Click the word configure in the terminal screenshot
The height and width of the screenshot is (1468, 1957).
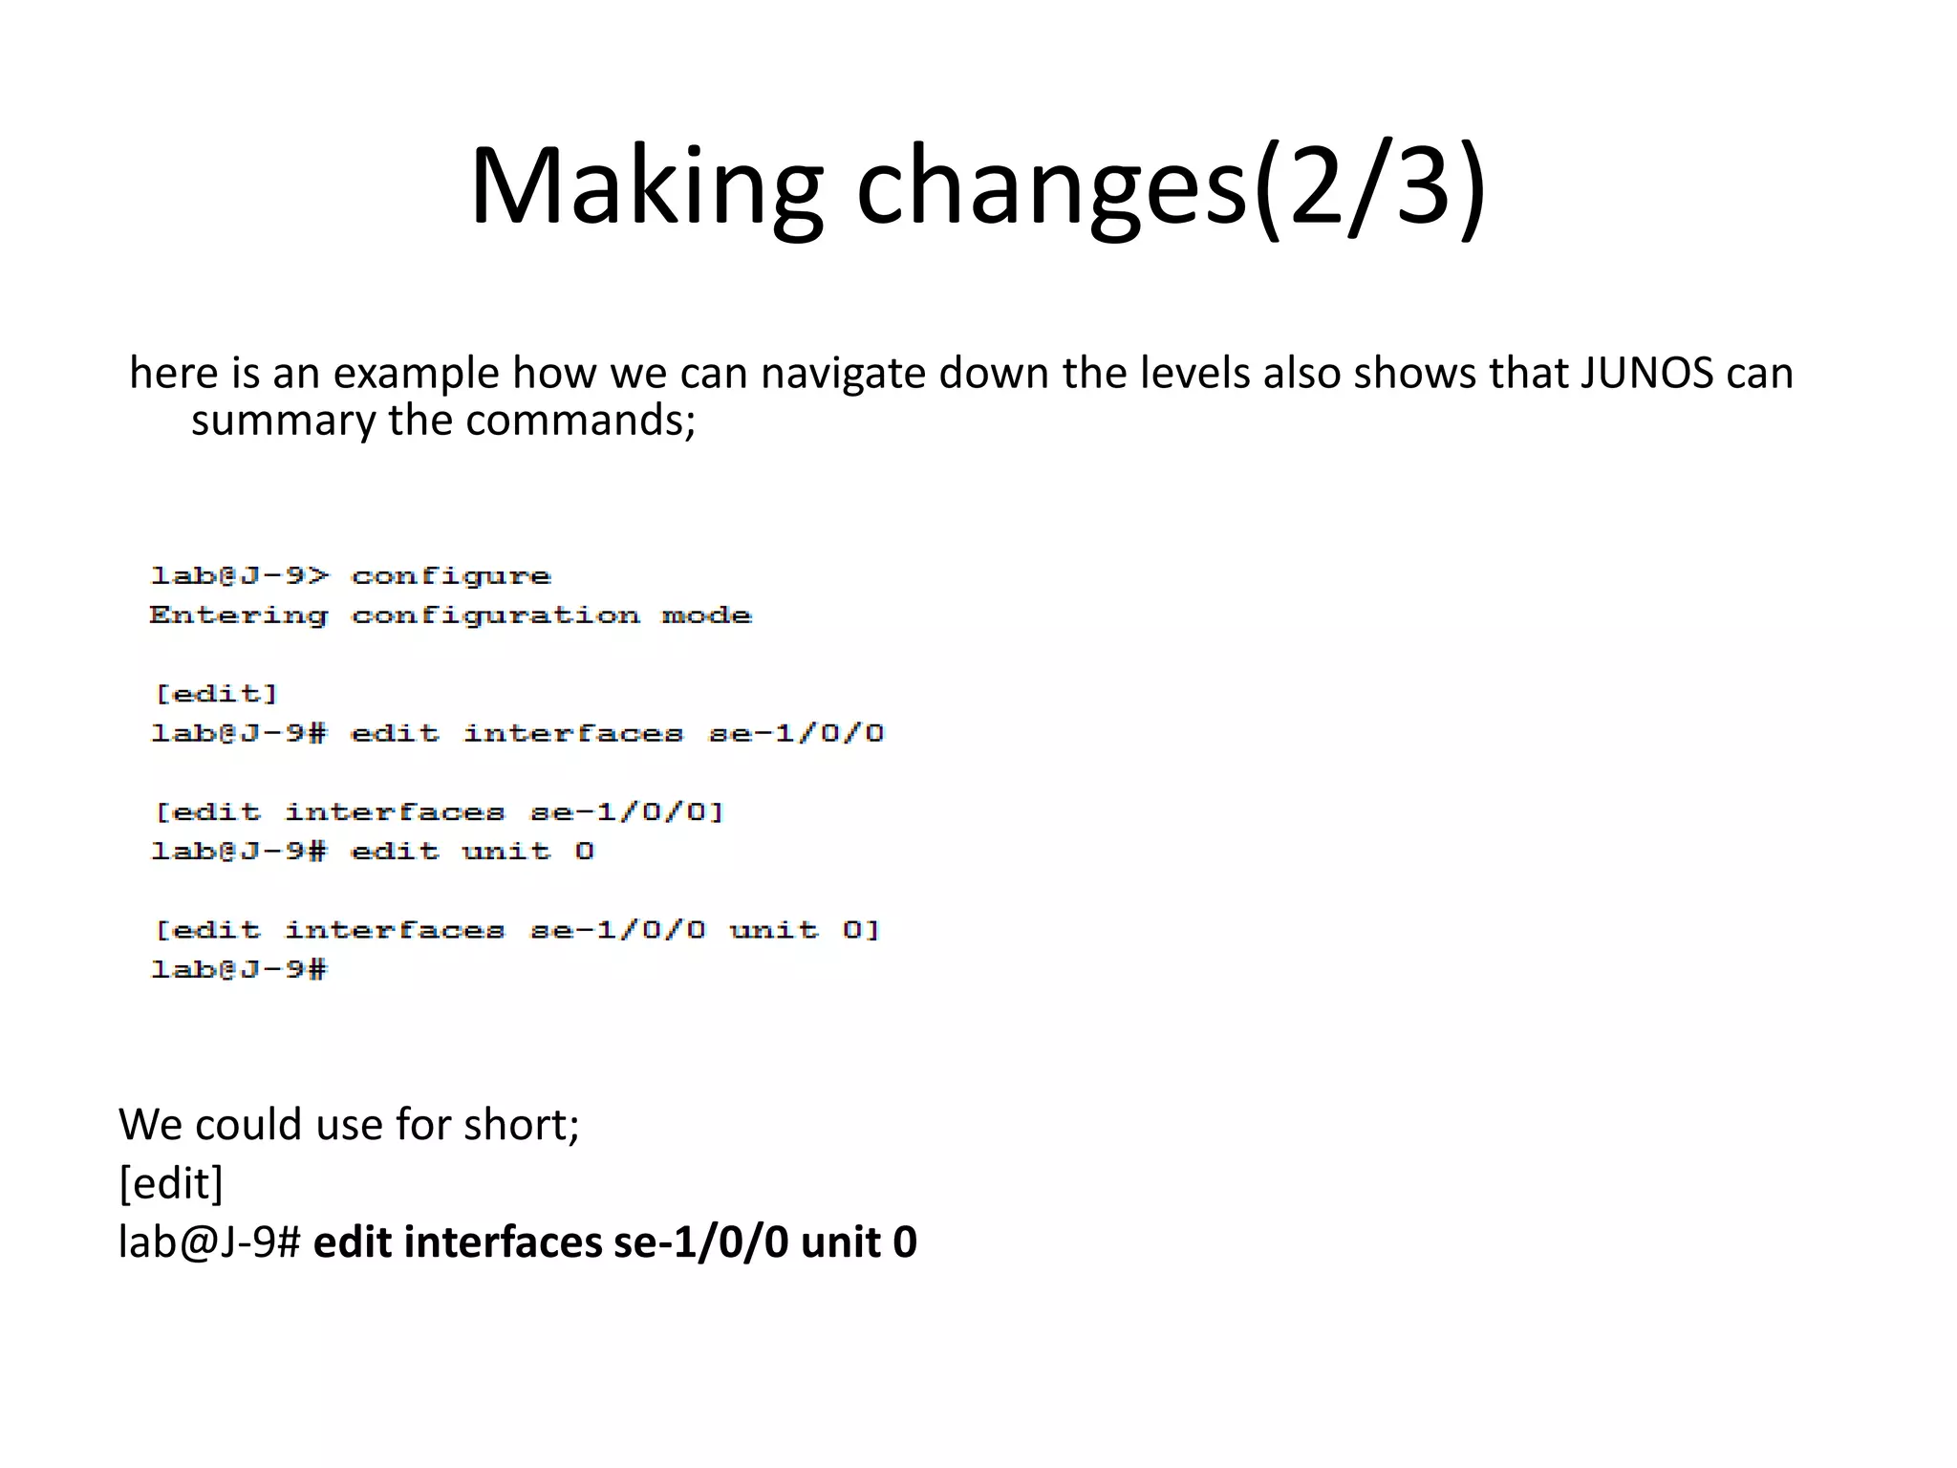pyautogui.click(x=451, y=576)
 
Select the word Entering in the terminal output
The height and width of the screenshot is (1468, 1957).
pyautogui.click(x=238, y=616)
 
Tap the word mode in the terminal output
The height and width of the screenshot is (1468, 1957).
pyautogui.click(x=706, y=616)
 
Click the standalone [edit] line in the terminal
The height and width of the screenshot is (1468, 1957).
pyautogui.click(x=217, y=694)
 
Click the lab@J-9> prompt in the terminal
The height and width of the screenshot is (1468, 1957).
pyautogui.click(x=239, y=576)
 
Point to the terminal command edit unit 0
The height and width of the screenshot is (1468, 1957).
pyautogui.click(x=472, y=852)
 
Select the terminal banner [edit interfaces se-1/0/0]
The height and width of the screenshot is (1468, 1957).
pyautogui.click(x=440, y=812)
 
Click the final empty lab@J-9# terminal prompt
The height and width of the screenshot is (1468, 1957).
pyautogui.click(x=239, y=970)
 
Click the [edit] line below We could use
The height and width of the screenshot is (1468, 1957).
pyautogui.click(x=170, y=1184)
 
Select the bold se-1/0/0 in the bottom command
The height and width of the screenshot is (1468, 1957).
pyautogui.click(x=700, y=1242)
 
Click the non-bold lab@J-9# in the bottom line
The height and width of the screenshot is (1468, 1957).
pyautogui.click(x=209, y=1242)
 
